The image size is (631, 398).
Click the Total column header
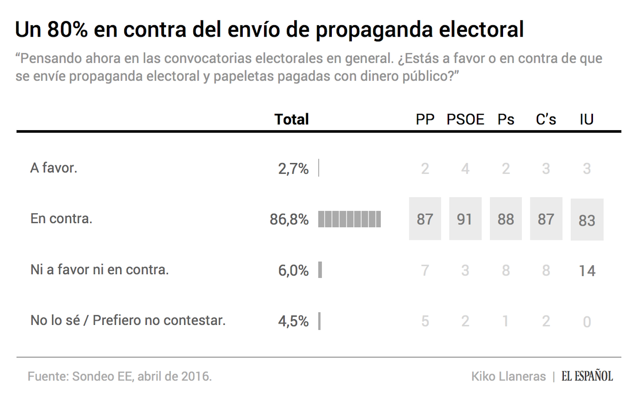(291, 119)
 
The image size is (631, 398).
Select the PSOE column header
(465, 119)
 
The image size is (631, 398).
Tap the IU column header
(587, 119)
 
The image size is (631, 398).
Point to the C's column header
(546, 119)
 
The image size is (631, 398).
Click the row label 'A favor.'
(54, 168)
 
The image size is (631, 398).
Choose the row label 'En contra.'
(61, 219)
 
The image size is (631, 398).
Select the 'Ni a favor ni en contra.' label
(99, 270)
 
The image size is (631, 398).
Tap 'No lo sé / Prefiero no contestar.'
(128, 320)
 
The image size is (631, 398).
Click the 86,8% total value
(289, 219)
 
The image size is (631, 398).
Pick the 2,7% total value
(293, 169)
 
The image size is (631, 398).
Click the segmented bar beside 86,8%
(350, 219)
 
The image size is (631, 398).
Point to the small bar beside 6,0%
(320, 270)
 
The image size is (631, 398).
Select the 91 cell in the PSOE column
(465, 219)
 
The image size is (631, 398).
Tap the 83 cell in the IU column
(587, 220)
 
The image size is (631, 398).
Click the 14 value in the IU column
(587, 271)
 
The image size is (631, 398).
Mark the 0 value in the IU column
(587, 322)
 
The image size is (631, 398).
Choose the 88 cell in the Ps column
(506, 219)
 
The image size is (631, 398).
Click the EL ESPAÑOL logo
(587, 376)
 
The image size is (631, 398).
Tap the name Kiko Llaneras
(508, 376)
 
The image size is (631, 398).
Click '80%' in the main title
(67, 30)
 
